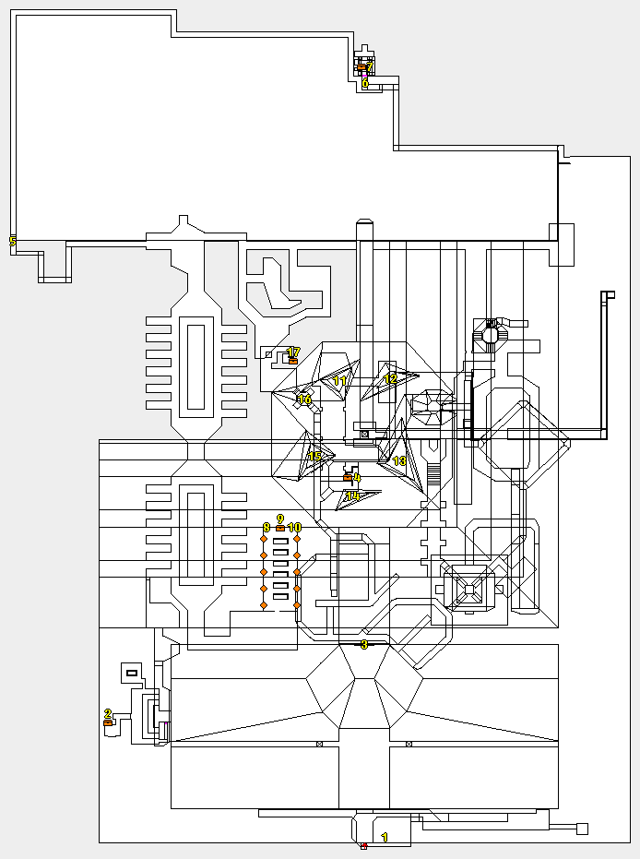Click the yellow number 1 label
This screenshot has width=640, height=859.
point(385,837)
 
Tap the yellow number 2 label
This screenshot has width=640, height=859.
point(108,713)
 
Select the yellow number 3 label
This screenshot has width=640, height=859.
point(364,645)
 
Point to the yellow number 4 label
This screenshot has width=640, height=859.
point(356,478)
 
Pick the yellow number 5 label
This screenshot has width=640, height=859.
point(12,241)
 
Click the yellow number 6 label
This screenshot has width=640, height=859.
point(365,83)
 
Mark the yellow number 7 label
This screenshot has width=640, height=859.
point(369,66)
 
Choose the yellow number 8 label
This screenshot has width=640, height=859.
point(267,528)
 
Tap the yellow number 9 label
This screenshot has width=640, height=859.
point(280,519)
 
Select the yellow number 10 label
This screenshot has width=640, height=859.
point(294,528)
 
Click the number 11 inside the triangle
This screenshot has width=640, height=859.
point(339,381)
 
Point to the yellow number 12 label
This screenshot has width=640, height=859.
point(390,378)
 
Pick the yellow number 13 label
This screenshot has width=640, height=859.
point(399,460)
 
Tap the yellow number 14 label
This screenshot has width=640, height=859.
point(352,496)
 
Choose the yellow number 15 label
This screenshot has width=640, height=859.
point(314,457)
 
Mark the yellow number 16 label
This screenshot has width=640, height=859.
point(304,400)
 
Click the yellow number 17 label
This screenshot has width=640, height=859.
point(293,352)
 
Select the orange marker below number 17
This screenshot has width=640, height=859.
point(293,361)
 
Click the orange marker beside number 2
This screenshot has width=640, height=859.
point(108,723)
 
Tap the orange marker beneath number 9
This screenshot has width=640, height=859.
point(280,528)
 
